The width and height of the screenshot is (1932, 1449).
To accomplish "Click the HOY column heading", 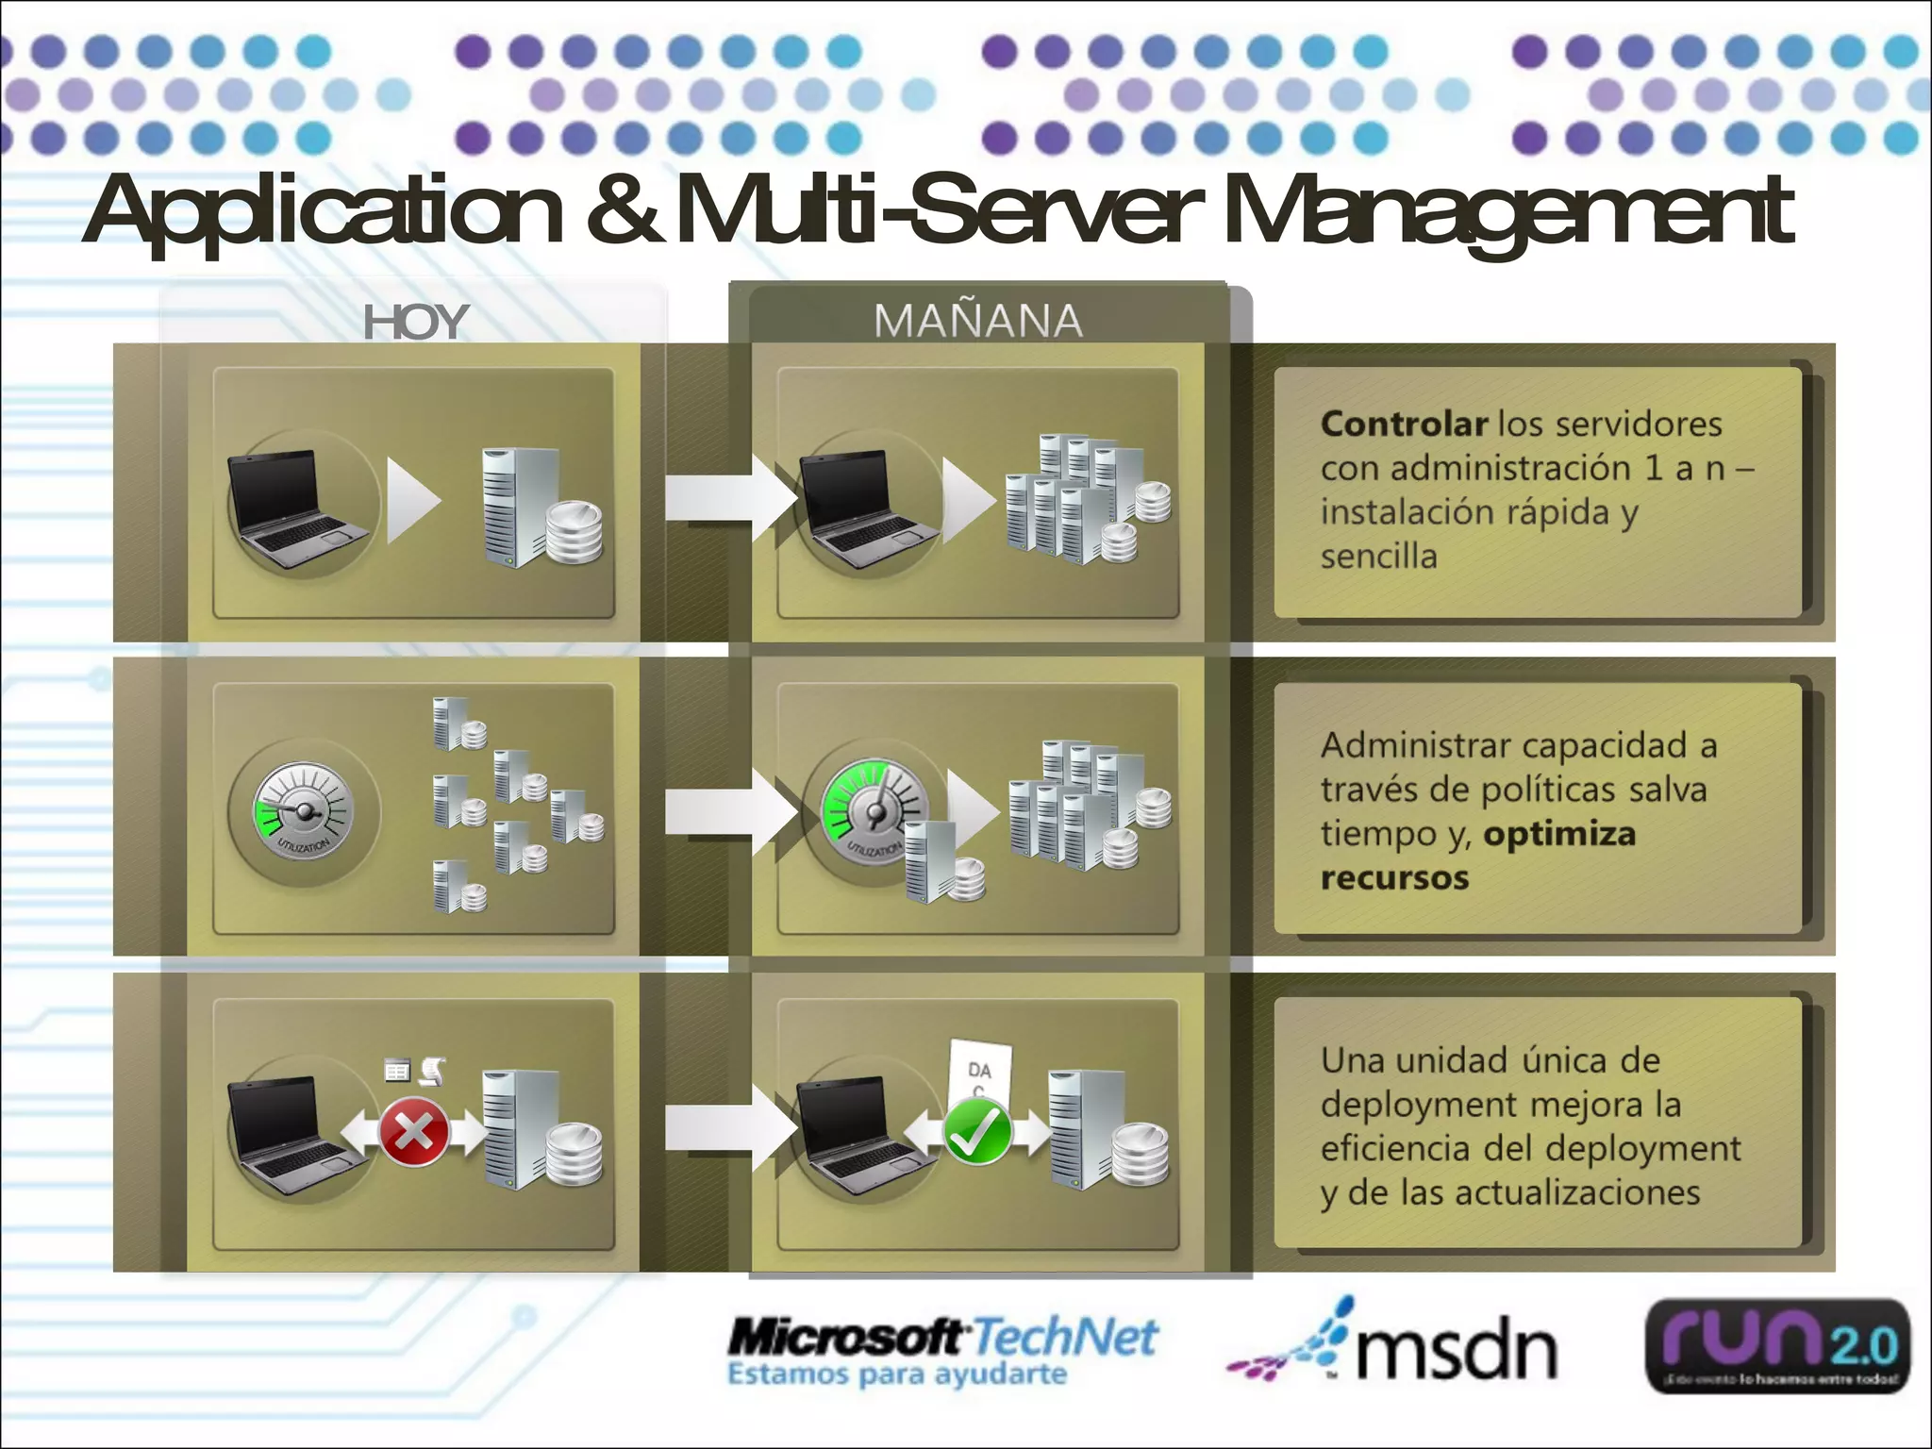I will (415, 322).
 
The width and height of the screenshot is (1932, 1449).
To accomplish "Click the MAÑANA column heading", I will (977, 321).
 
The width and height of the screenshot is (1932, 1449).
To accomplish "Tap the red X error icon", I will (413, 1131).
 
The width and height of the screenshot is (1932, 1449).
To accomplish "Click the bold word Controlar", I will (1403, 424).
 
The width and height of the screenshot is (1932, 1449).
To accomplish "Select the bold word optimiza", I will (1558, 834).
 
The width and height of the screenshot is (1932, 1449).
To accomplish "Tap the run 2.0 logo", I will (1777, 1347).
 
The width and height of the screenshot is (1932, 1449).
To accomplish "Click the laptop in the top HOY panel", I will (294, 509).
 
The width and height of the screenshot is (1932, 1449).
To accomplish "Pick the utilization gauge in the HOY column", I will (304, 811).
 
